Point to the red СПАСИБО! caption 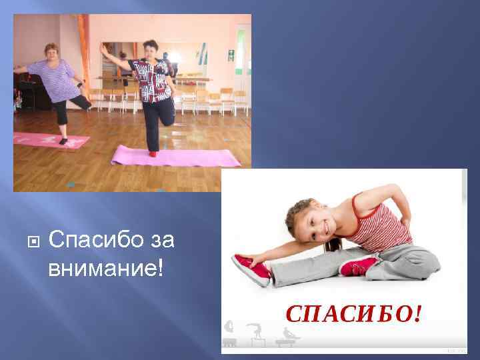tap(353, 313)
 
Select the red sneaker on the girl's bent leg tap(360, 266)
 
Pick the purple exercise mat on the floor tap(175, 157)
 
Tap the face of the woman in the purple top tap(51, 52)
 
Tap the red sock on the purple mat tap(152, 154)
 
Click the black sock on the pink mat tap(63, 141)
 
